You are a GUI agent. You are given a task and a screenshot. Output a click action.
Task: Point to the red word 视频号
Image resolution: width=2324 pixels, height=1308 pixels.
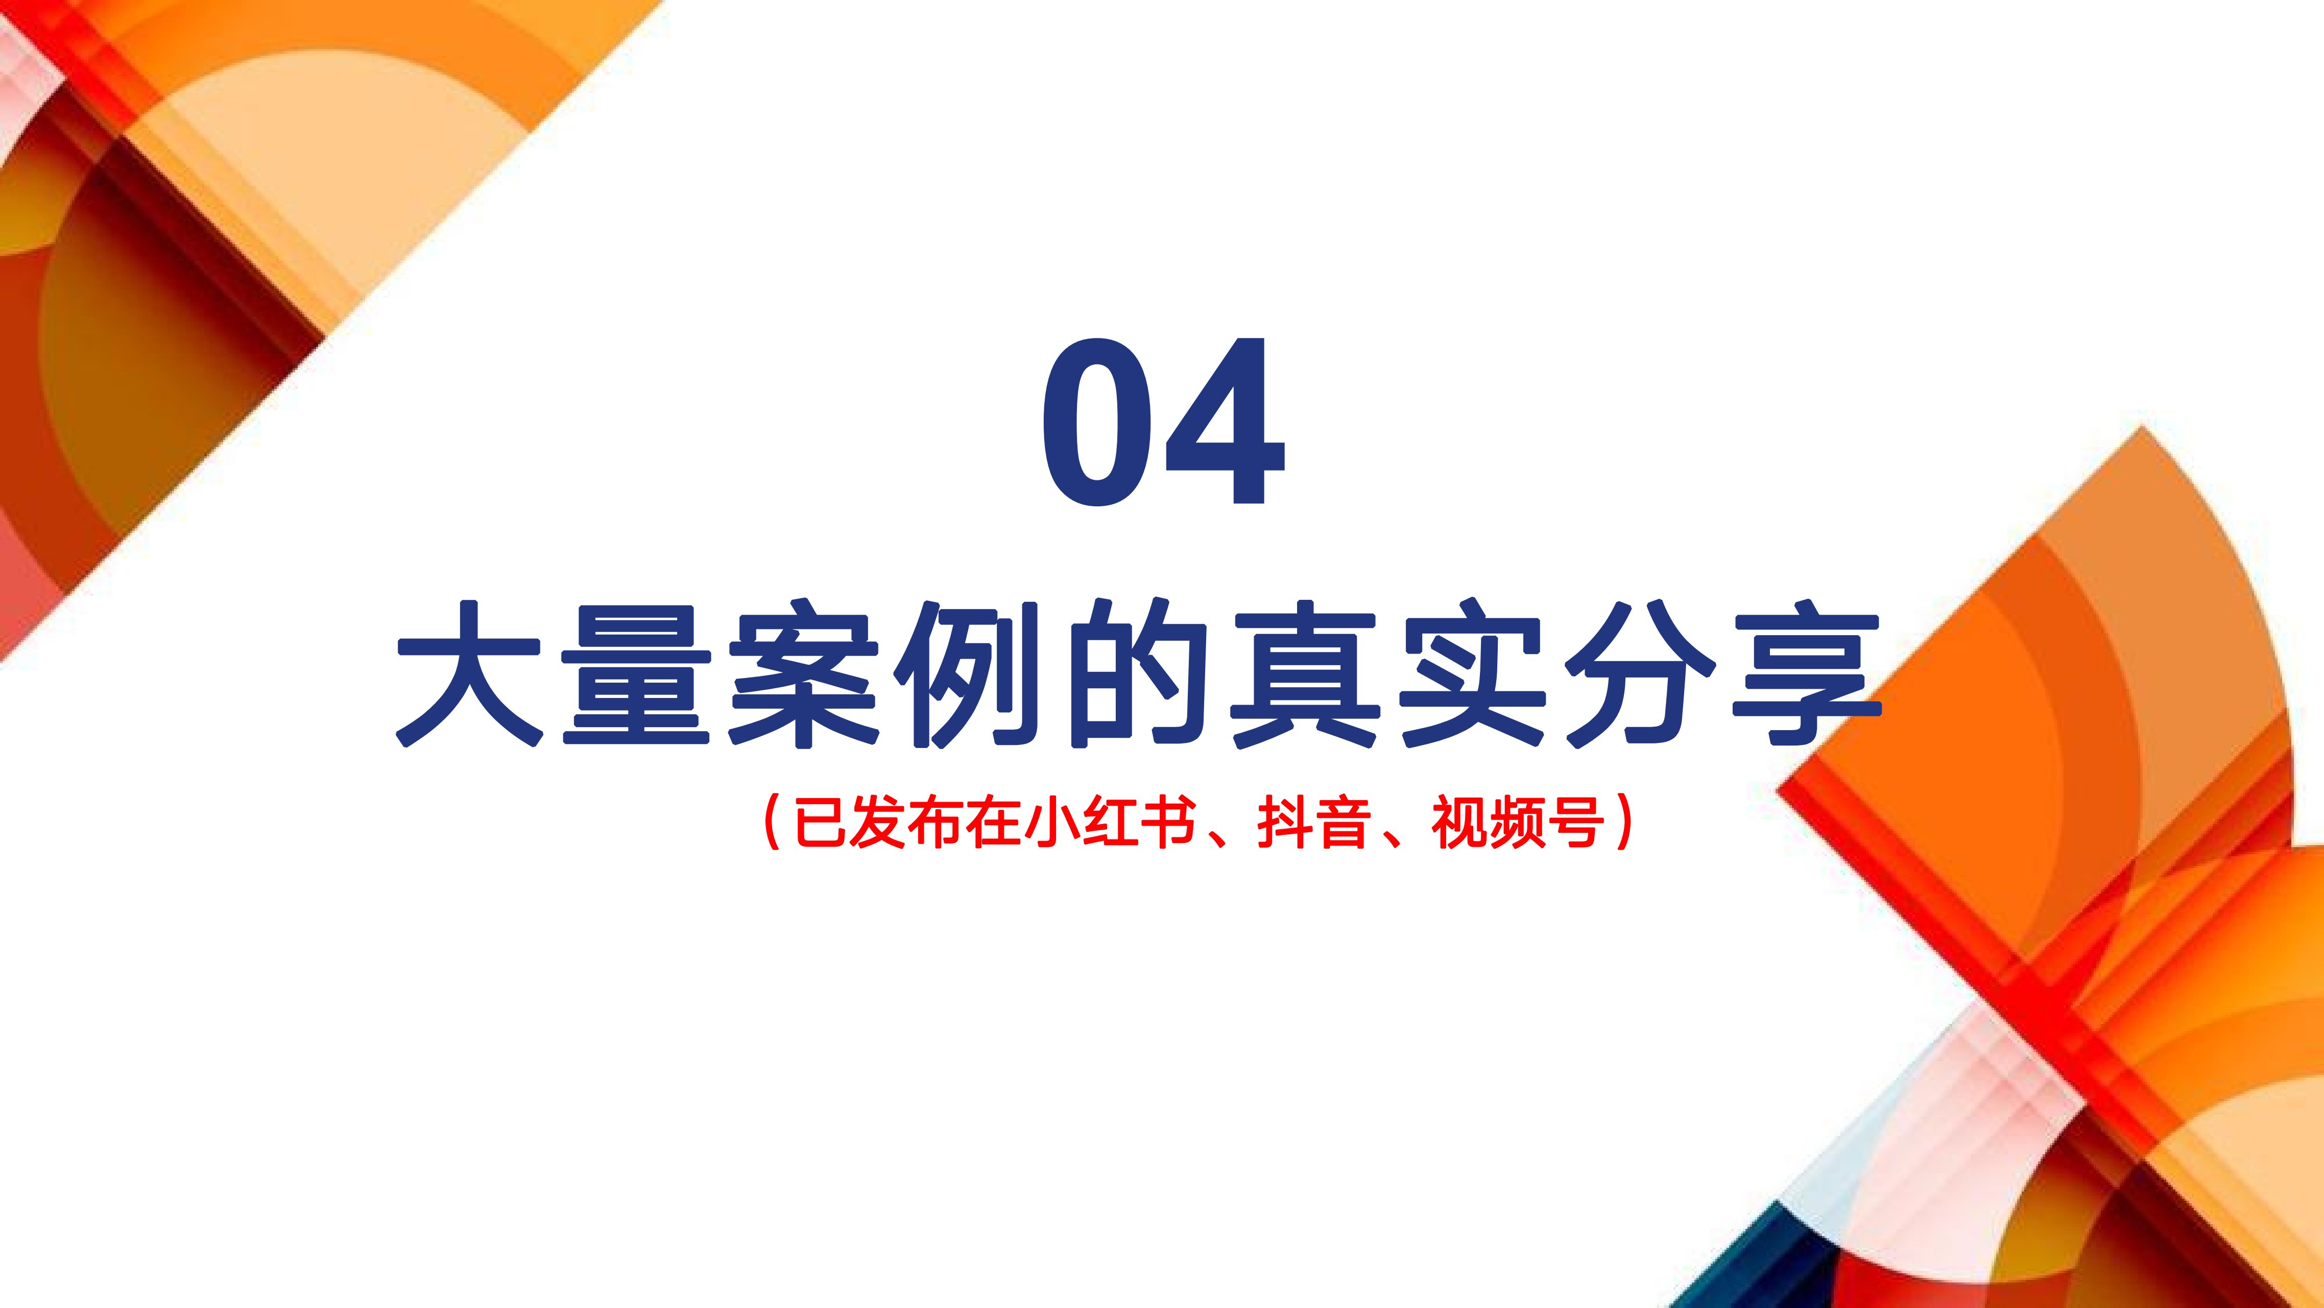click(1518, 822)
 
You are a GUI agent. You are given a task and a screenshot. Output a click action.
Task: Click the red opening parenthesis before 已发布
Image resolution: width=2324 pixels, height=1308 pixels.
click(772, 822)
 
